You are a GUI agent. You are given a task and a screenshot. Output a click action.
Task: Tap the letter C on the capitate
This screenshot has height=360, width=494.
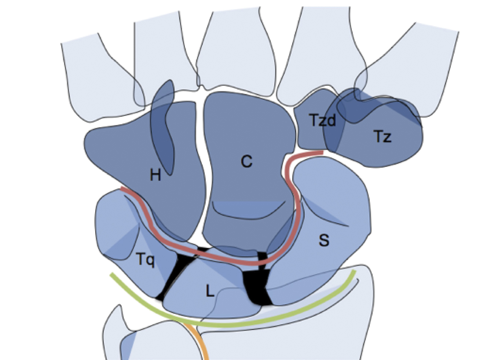click(x=246, y=161)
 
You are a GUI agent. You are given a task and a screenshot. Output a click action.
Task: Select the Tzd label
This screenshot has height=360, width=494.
click(x=323, y=120)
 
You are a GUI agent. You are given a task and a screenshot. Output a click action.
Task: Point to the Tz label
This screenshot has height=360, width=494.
click(x=383, y=136)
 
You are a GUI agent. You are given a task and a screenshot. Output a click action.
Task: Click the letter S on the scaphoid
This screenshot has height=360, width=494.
click(x=324, y=240)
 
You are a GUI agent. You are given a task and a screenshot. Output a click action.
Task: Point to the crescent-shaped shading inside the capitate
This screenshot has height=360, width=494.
click(x=248, y=209)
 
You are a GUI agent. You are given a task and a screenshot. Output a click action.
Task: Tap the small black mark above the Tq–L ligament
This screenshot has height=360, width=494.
click(x=203, y=249)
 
